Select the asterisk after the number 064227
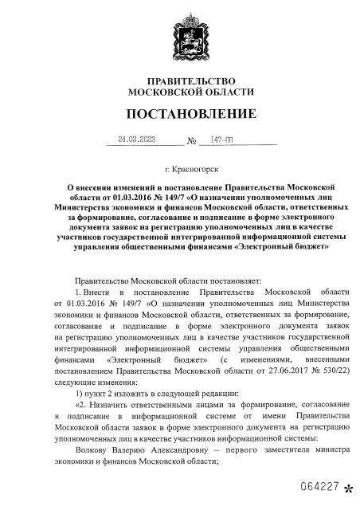(347, 488)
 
